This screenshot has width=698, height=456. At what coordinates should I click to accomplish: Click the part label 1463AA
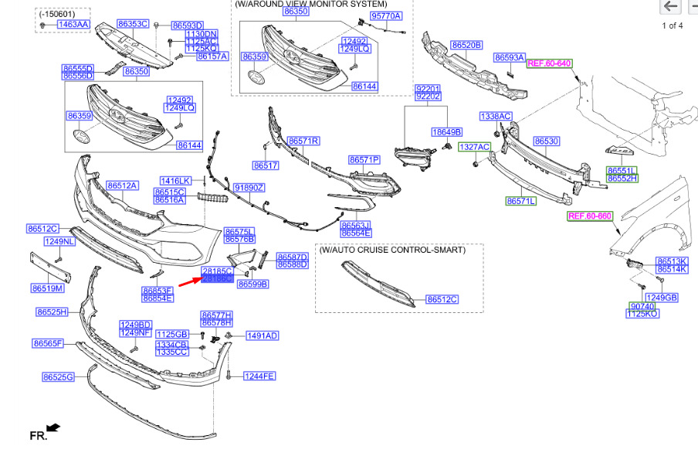73,25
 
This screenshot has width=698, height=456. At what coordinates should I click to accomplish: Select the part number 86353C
133,25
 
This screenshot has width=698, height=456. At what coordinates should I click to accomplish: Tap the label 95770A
386,15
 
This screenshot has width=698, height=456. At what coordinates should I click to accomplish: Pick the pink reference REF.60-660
590,216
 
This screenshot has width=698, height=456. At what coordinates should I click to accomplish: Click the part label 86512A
122,185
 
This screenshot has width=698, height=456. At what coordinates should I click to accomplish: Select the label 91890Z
249,188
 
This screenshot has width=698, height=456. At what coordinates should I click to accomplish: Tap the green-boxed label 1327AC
475,146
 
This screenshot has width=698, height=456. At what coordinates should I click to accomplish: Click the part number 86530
547,141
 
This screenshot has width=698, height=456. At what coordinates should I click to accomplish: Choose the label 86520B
467,46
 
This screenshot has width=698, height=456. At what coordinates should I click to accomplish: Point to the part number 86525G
59,377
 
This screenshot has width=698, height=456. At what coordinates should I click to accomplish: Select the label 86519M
48,288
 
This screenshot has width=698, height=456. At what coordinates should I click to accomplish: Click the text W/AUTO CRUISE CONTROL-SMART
393,250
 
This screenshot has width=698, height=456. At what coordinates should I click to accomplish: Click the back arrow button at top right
669,7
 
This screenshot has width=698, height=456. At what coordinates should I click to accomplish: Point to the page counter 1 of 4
673,26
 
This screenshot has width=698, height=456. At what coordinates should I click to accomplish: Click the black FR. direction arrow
53,427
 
